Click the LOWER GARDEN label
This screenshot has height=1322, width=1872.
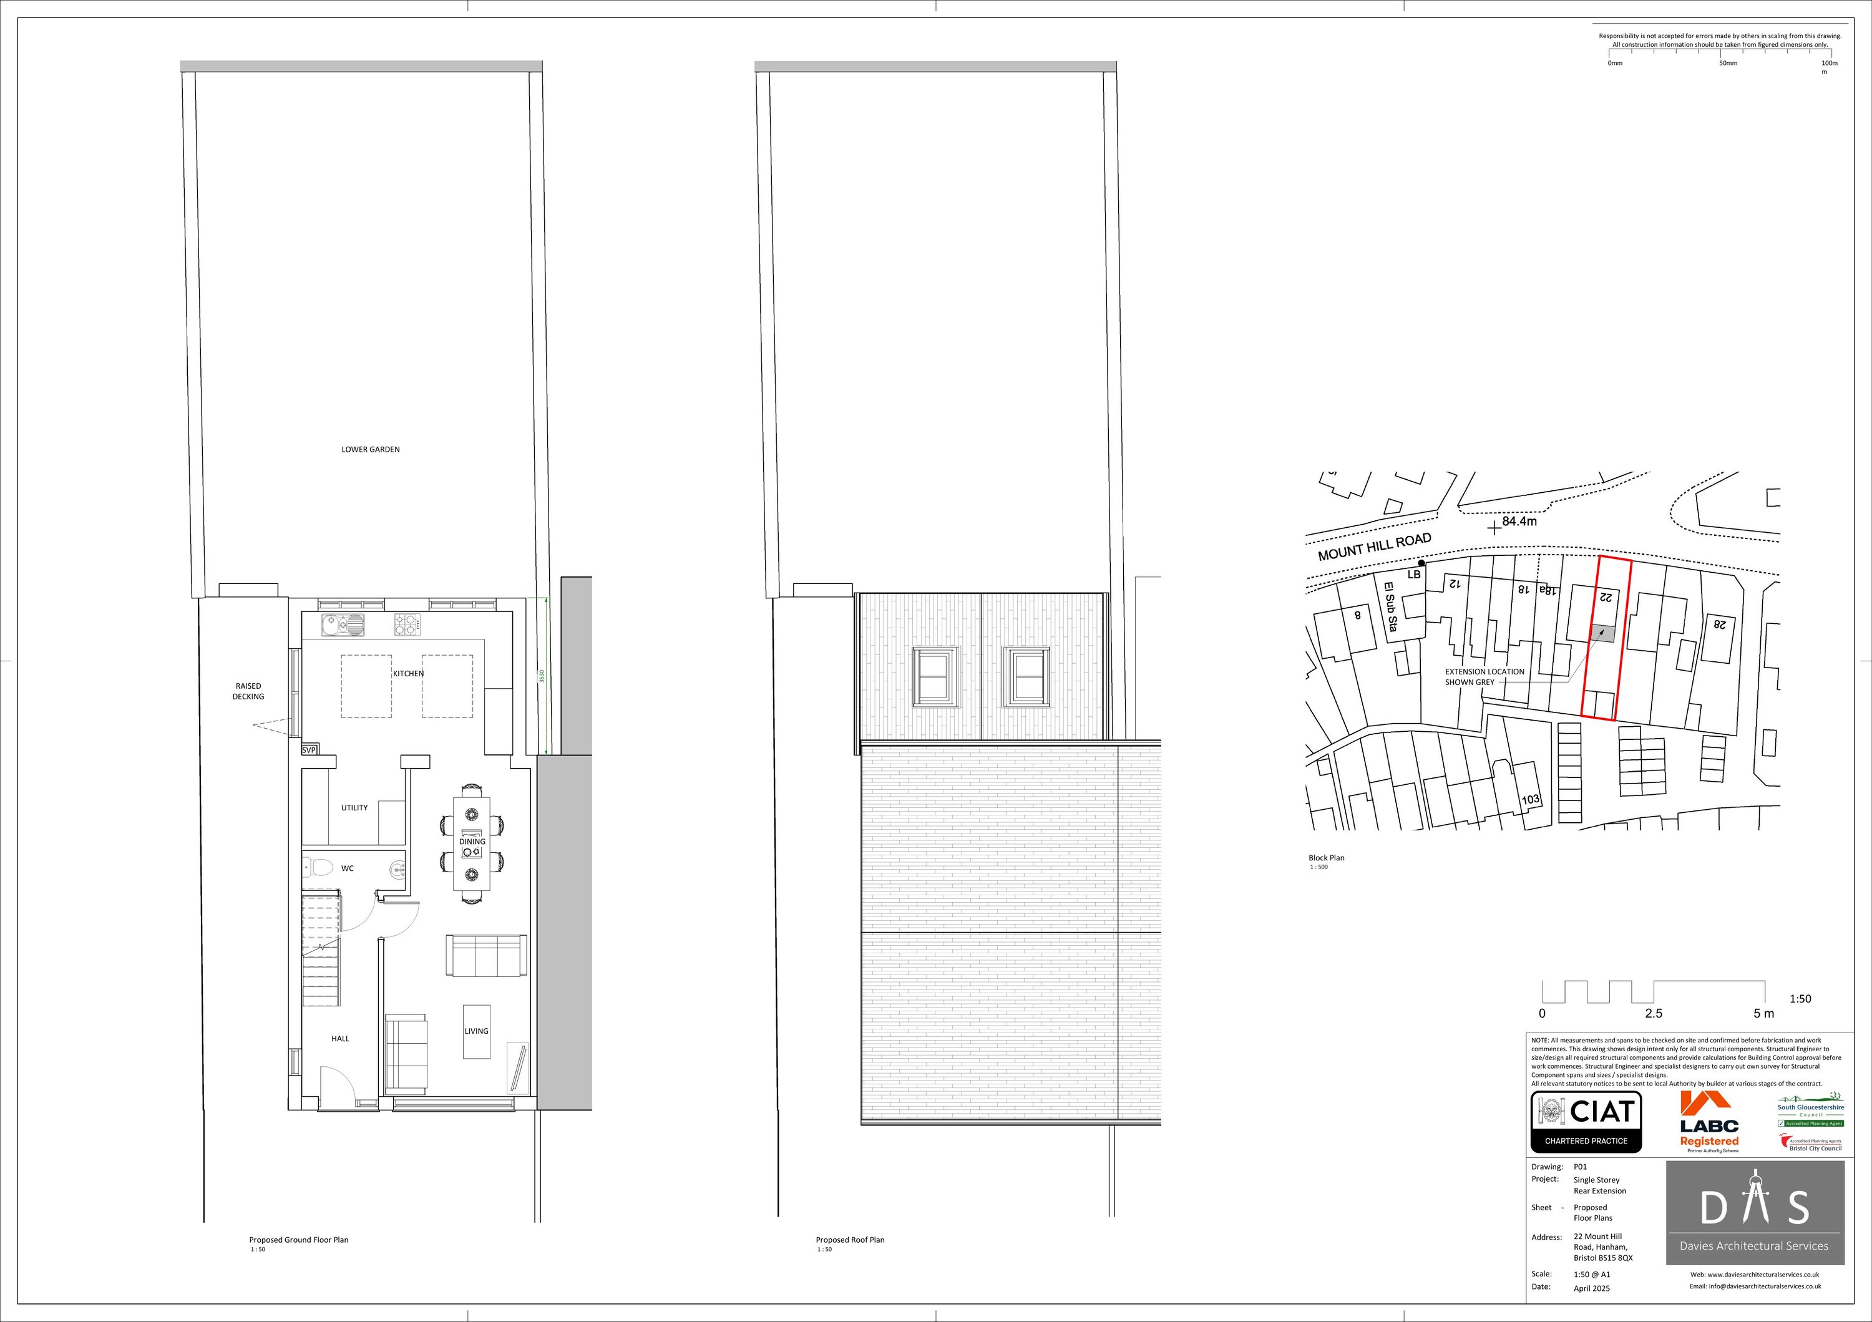pos(370,449)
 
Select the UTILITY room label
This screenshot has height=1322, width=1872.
pos(354,808)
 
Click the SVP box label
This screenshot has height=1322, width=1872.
pos(309,750)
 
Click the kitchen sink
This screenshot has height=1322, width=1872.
pos(343,625)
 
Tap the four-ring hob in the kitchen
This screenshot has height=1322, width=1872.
pos(407,625)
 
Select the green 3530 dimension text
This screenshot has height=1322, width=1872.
pos(540,676)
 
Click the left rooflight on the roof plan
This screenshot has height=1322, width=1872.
pos(935,676)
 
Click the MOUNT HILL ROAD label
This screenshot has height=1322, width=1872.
pos(1375,547)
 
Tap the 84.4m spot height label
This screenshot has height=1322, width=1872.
pos(1519,521)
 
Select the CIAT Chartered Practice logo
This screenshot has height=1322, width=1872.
pos(1586,1122)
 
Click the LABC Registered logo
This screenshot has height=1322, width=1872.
pos(1709,1122)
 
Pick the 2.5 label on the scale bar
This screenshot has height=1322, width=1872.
pos(1654,1014)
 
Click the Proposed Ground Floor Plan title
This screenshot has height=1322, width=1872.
pos(298,1240)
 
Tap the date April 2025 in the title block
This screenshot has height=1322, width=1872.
pos(1592,1288)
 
